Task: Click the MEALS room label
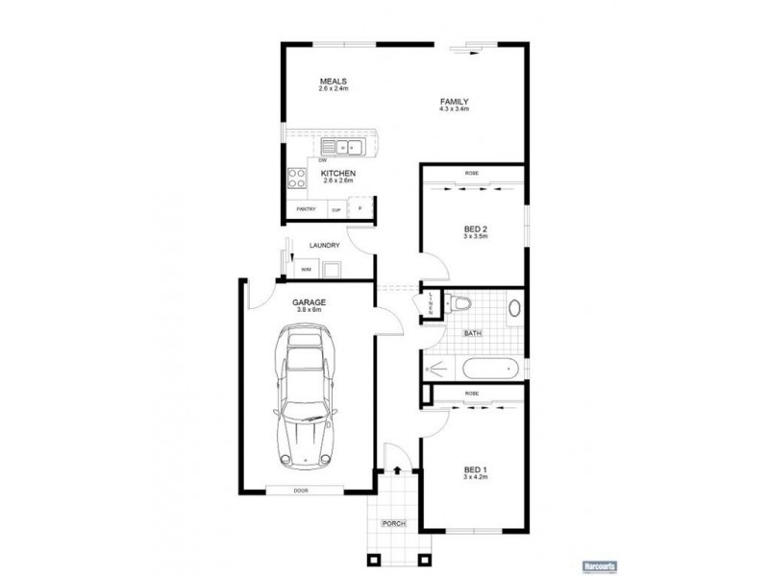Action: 335,81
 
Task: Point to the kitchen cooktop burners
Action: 296,179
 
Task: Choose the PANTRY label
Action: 306,208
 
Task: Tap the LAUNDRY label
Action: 325,246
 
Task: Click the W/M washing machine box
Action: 306,270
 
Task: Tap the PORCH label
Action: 392,523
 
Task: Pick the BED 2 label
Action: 476,228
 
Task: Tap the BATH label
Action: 472,333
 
